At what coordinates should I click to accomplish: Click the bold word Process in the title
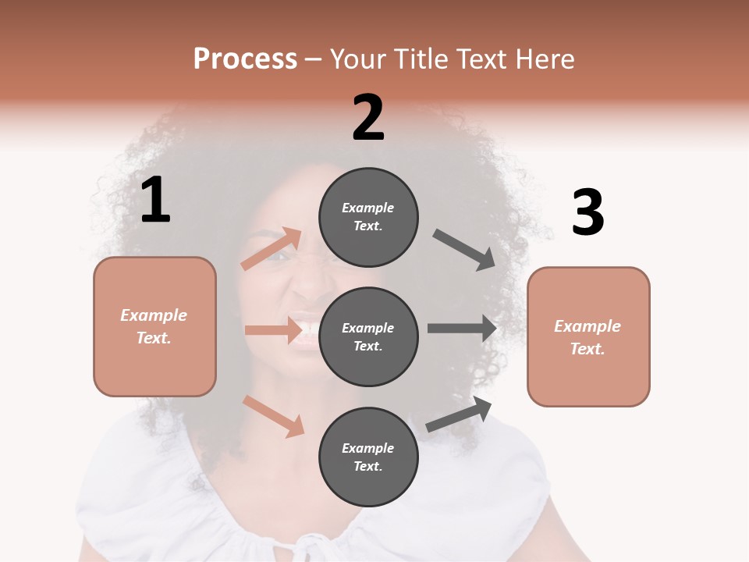[245, 59]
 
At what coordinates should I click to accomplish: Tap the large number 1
[155, 201]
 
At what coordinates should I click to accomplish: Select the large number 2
[368, 119]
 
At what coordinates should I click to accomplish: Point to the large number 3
[588, 213]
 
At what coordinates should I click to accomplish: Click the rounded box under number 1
[154, 326]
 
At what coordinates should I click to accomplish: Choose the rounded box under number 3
[588, 336]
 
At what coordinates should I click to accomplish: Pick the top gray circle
[368, 217]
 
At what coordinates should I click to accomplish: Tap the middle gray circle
[368, 336]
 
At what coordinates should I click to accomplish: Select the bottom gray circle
[368, 457]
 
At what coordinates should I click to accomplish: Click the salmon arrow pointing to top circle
[272, 248]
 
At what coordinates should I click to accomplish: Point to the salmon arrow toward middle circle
[273, 330]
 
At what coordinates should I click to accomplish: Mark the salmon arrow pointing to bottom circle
[273, 416]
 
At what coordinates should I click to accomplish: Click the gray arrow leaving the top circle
[464, 250]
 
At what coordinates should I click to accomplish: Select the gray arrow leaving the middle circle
[462, 328]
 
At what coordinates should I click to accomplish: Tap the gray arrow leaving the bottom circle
[459, 414]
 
